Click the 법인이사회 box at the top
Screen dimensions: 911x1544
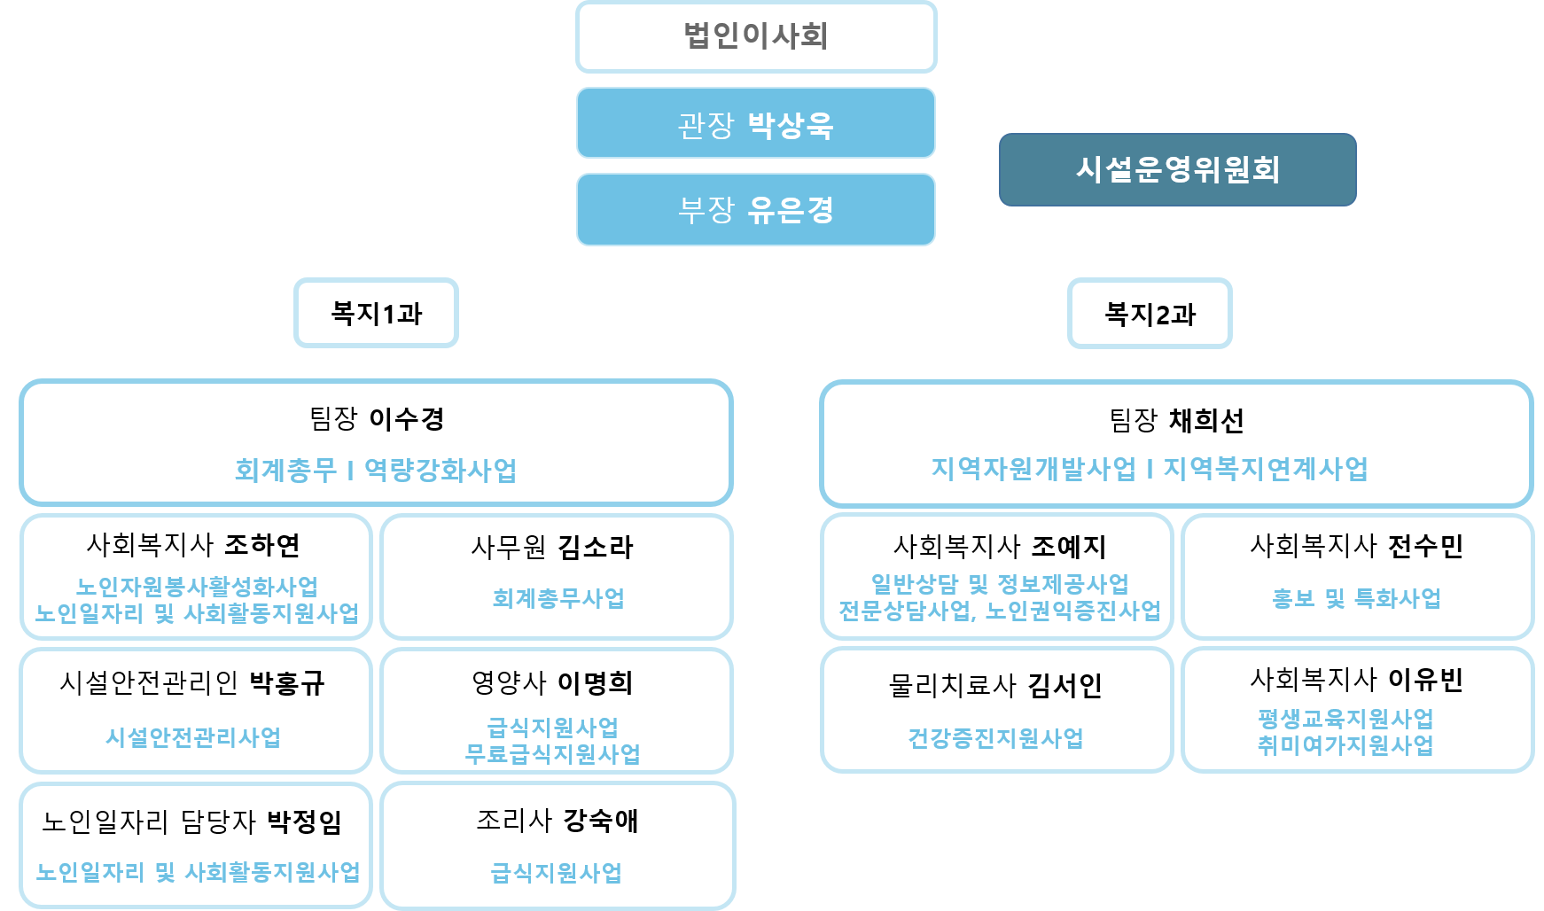[x=756, y=36]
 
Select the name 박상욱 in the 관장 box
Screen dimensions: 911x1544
[x=791, y=125]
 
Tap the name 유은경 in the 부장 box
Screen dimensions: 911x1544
[x=791, y=210]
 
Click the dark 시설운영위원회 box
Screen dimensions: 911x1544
[x=1177, y=169]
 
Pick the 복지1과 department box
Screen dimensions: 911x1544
[x=376, y=313]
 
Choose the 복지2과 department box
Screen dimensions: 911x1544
[x=1150, y=314]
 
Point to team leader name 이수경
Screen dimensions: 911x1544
[x=406, y=418]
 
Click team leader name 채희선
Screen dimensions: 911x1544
[x=1206, y=420]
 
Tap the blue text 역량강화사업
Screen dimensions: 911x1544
[x=441, y=470]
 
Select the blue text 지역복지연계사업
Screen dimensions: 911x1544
[x=1266, y=469]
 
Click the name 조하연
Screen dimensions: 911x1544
[x=262, y=544]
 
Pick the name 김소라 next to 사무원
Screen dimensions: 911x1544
[x=596, y=547]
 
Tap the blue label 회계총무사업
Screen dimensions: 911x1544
[x=558, y=598]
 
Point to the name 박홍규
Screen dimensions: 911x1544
[x=287, y=682]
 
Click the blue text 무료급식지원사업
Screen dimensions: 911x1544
[x=553, y=754]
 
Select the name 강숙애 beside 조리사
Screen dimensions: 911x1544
[x=601, y=821]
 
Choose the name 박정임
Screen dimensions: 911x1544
[x=305, y=821]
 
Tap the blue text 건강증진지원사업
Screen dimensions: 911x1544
[x=995, y=738]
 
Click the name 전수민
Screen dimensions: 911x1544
[x=1425, y=546]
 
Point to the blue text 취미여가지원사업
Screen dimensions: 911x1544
[x=1345, y=745]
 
